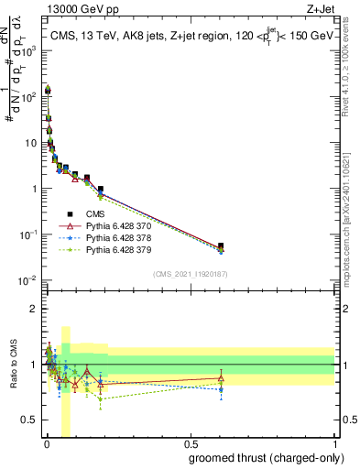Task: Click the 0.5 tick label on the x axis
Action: coord(190,443)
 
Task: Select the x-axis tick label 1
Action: coord(333,443)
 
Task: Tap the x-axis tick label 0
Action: coord(46,443)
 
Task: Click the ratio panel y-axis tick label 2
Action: coord(33,309)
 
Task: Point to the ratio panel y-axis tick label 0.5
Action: coord(29,420)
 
